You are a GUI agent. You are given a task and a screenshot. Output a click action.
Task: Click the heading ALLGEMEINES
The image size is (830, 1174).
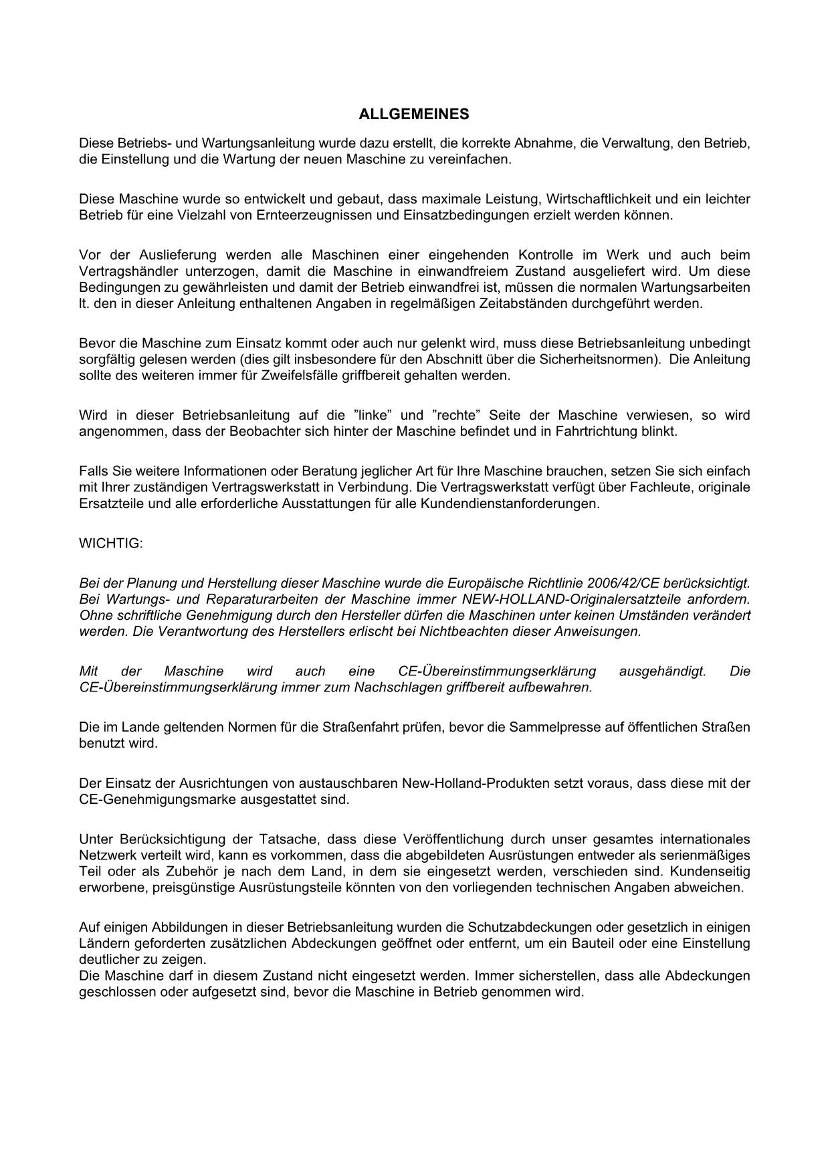click(x=414, y=114)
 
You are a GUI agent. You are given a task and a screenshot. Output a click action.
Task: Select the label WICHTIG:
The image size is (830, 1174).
click(x=111, y=543)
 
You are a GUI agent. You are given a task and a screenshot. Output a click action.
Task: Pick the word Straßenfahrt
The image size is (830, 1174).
click(x=363, y=727)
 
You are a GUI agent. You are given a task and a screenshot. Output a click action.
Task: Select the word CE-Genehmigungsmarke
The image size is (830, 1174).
click(x=147, y=799)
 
